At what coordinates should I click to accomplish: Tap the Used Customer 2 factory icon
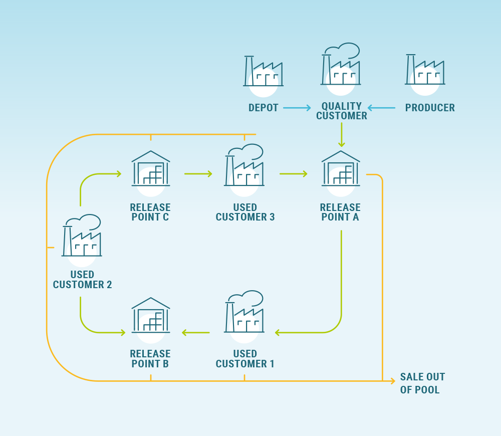point(82,241)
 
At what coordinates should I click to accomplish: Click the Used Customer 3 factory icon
point(244,170)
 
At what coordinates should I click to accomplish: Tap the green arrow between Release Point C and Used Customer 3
point(198,174)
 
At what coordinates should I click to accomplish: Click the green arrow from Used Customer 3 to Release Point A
point(293,174)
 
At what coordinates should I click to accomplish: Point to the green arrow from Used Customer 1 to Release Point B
point(195,332)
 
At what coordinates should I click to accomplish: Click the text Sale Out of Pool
point(422,383)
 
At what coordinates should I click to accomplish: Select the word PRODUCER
point(430,108)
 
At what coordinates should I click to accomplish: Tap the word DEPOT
point(263,108)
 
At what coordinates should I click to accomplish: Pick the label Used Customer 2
point(82,280)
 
